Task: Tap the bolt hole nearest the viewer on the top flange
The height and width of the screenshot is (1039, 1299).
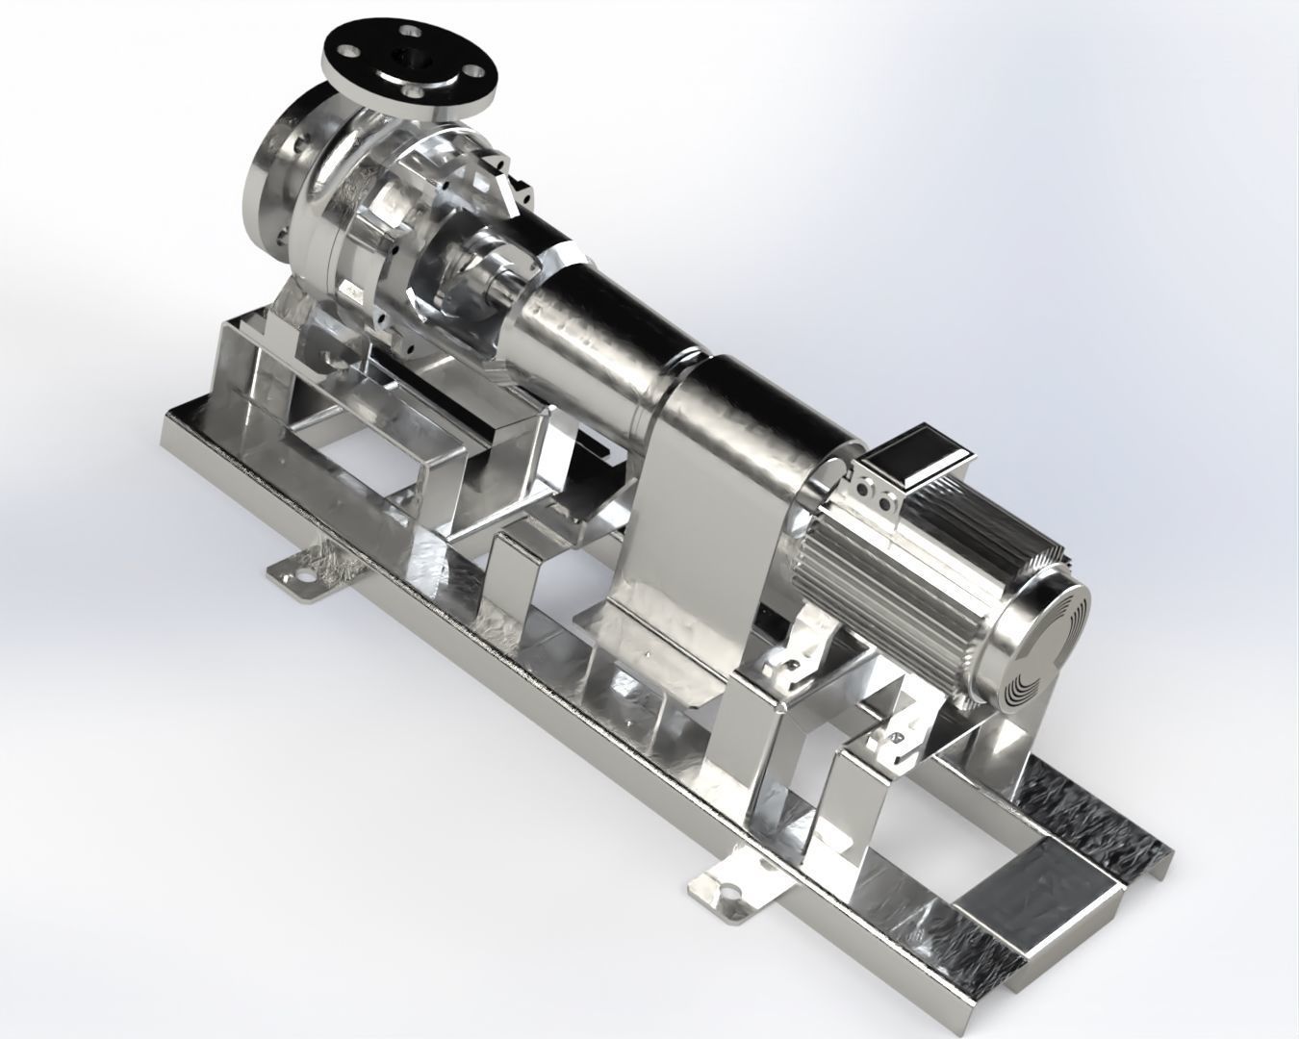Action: coord(414,90)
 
